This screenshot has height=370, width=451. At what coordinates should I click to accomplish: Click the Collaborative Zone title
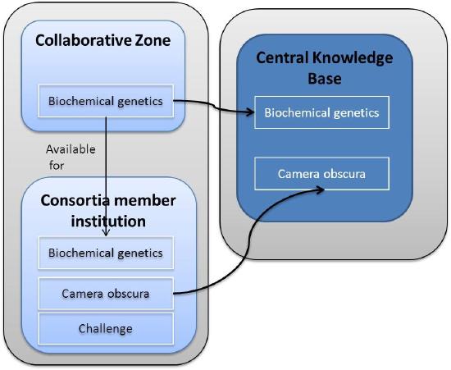[102, 39]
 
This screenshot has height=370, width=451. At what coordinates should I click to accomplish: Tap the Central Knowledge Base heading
[325, 68]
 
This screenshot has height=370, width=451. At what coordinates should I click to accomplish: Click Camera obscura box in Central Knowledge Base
[321, 174]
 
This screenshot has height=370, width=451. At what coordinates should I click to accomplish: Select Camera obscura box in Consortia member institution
[105, 292]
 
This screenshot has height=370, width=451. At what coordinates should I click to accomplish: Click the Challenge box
[105, 328]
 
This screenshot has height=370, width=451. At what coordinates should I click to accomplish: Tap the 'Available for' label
[71, 157]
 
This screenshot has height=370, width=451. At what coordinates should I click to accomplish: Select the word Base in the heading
[325, 79]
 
